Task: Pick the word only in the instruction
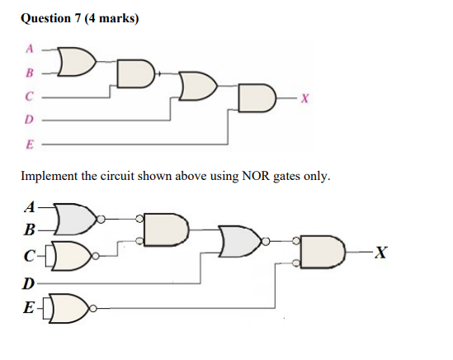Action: (x=314, y=175)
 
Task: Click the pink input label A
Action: (x=30, y=49)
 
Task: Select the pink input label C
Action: (x=30, y=96)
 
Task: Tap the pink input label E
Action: (x=30, y=143)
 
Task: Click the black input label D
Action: (x=29, y=284)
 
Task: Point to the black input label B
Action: (x=30, y=230)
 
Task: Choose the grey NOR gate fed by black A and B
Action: (x=80, y=219)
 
